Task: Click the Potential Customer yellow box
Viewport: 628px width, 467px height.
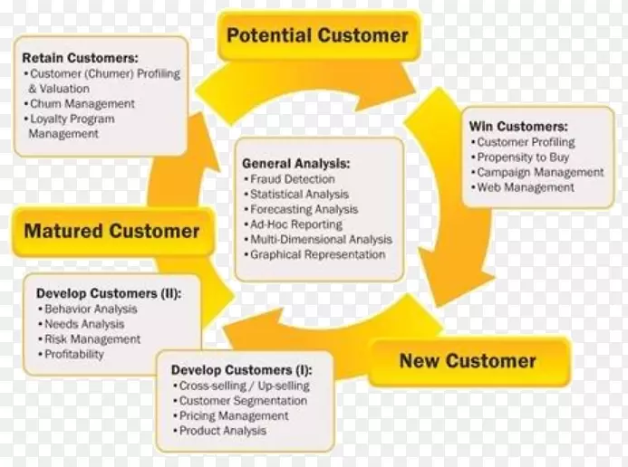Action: (317, 36)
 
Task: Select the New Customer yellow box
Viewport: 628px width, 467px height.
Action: (468, 362)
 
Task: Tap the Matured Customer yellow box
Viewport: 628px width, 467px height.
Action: (111, 231)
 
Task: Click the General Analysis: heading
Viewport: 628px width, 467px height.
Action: (295, 164)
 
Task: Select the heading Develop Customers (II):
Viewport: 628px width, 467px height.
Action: (108, 293)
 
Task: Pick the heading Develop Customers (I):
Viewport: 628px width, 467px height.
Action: (241, 370)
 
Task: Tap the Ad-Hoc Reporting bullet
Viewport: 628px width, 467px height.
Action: (296, 224)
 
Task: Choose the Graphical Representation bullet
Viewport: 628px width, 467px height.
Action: (317, 254)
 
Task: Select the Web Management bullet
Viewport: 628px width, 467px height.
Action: (526, 187)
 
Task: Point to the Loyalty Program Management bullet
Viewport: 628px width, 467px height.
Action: (72, 126)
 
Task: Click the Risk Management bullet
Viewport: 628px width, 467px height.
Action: (92, 339)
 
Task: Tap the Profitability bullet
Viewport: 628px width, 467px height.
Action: (74, 355)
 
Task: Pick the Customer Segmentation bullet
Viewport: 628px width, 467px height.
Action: (243, 401)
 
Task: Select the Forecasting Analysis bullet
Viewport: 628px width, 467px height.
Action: (303, 209)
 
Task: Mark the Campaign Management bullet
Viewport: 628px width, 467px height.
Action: (539, 172)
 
